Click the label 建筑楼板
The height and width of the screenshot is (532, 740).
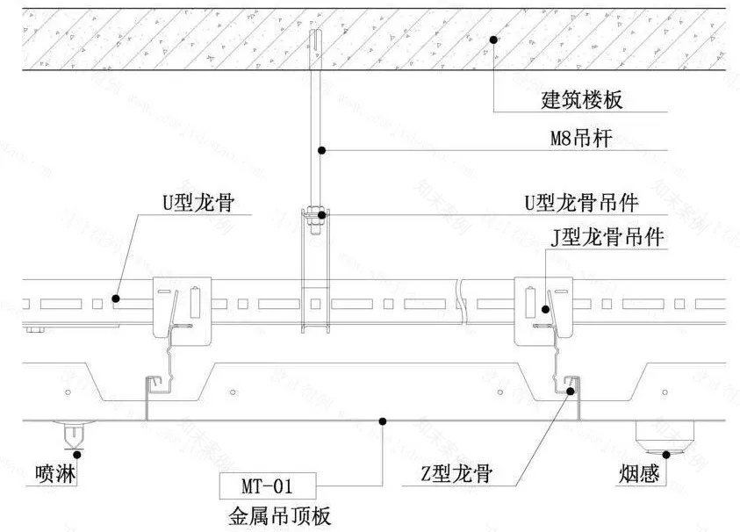[x=581, y=99]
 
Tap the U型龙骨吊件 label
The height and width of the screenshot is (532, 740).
[x=580, y=203]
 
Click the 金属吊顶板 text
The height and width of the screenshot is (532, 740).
[x=280, y=515]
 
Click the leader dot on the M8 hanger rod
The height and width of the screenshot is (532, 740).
[x=322, y=151]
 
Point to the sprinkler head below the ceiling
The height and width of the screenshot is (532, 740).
[x=73, y=434]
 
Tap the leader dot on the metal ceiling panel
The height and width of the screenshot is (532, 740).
[x=383, y=421]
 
